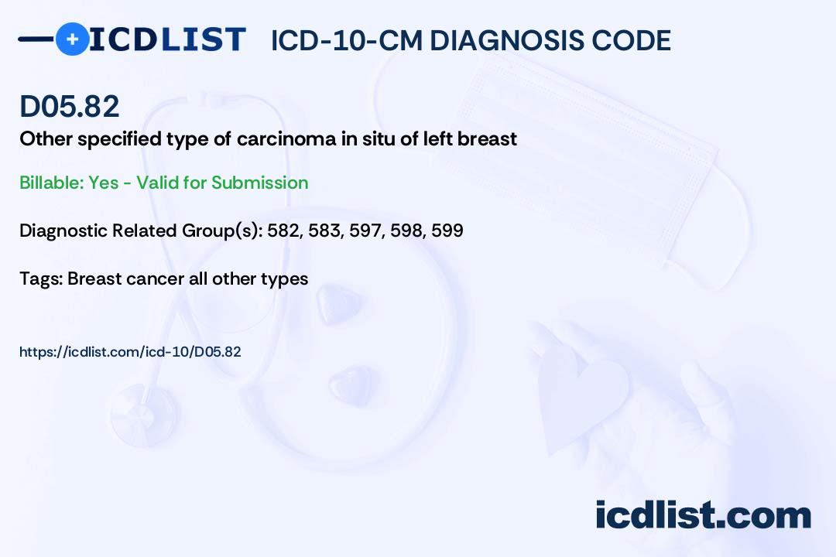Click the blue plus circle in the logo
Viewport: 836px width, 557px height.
point(72,39)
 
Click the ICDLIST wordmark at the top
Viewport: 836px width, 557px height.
point(167,39)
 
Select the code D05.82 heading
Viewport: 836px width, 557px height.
point(70,106)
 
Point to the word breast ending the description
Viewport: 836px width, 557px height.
point(488,139)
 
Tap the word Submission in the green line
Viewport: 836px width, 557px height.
point(259,183)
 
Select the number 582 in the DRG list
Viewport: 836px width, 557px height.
point(284,231)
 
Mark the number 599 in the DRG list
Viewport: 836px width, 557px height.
point(447,231)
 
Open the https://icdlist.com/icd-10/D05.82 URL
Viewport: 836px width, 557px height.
point(130,351)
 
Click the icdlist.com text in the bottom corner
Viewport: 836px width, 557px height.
point(703,514)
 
